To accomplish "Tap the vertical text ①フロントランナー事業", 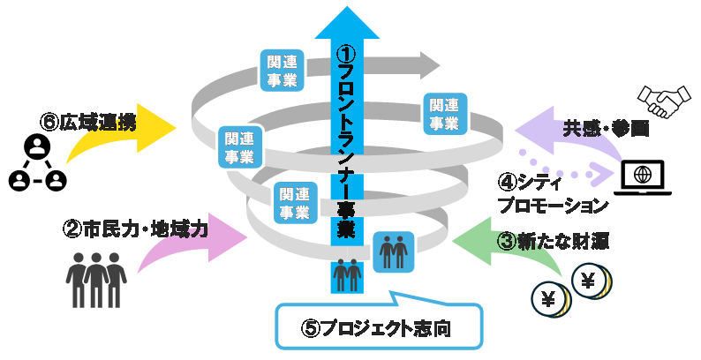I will (x=347, y=141).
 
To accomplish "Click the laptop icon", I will (x=647, y=176).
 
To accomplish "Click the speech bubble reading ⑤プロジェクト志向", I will (x=380, y=326).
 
